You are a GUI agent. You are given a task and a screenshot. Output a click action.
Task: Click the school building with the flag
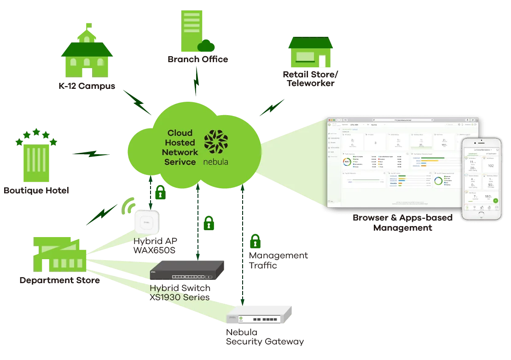86,53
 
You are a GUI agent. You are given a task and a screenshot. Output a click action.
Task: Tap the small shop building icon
310,53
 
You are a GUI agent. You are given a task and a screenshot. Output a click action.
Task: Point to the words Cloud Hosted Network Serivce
181,148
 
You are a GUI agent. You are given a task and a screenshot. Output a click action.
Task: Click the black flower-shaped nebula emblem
216,142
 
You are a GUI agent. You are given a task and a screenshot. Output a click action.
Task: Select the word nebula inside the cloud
216,162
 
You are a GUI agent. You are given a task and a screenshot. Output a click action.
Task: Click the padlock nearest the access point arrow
160,193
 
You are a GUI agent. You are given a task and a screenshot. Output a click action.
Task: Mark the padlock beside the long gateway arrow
255,241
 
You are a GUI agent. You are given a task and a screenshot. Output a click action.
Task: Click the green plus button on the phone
495,200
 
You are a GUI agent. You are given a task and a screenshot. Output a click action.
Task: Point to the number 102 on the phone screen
490,166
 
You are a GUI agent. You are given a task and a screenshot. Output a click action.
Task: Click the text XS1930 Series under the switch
180,297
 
